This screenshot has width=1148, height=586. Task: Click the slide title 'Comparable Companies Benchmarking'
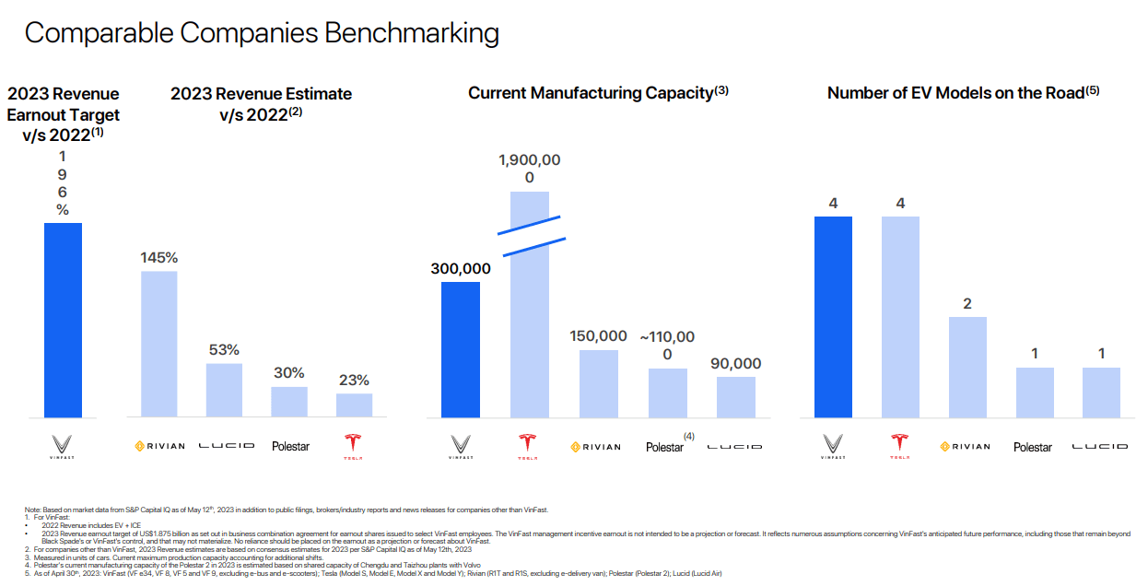coord(262,33)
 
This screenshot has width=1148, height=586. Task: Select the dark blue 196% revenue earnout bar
coord(64,320)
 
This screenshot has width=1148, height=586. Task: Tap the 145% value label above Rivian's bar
coord(159,257)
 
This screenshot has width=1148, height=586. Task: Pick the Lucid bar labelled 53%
coord(224,390)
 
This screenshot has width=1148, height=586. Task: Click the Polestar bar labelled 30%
coord(289,402)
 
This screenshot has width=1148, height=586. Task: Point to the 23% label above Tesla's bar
coord(354,380)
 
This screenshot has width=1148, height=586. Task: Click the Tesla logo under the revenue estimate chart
coord(354,445)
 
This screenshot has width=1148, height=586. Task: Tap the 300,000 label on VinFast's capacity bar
coord(461,269)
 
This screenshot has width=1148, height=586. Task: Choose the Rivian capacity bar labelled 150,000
coord(598,383)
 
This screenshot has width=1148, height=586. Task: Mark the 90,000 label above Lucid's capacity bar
coord(736,364)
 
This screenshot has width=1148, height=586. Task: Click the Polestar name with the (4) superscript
coord(666,446)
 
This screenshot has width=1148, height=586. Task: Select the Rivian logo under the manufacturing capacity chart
coord(596,447)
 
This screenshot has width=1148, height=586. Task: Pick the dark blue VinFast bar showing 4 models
coord(833,317)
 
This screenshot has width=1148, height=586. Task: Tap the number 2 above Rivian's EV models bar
coord(967,304)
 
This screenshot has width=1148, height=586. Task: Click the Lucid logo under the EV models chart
coord(1099,447)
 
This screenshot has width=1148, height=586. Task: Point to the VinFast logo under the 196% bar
coord(64,446)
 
